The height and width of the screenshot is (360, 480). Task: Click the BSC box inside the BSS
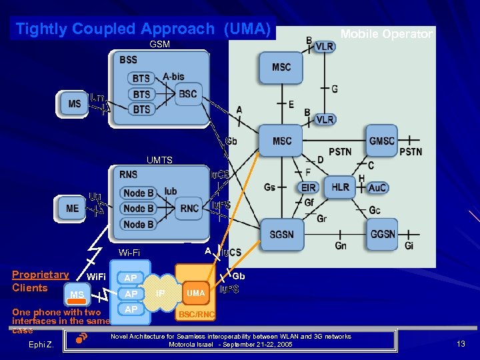[x=187, y=94]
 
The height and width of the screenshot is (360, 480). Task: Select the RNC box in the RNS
[x=189, y=209]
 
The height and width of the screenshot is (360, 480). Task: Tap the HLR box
[x=340, y=188]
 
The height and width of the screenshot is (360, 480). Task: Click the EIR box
[x=308, y=188]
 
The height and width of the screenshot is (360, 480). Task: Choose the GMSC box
[x=382, y=141]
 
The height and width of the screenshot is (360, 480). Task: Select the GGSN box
[x=383, y=235]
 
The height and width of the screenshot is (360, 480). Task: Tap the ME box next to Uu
[x=73, y=209]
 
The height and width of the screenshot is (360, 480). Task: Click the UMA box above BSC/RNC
[x=195, y=293]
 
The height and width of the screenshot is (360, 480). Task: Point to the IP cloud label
[x=160, y=293]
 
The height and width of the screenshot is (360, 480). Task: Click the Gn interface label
[x=340, y=247]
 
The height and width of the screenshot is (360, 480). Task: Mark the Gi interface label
[x=409, y=247]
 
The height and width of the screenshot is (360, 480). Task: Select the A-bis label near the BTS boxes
[x=173, y=77]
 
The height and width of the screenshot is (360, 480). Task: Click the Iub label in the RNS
[x=171, y=191]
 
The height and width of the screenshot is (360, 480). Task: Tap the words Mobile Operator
[x=386, y=34]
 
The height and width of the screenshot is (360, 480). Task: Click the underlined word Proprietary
[x=40, y=275]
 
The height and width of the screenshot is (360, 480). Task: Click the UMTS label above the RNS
[x=159, y=160]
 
